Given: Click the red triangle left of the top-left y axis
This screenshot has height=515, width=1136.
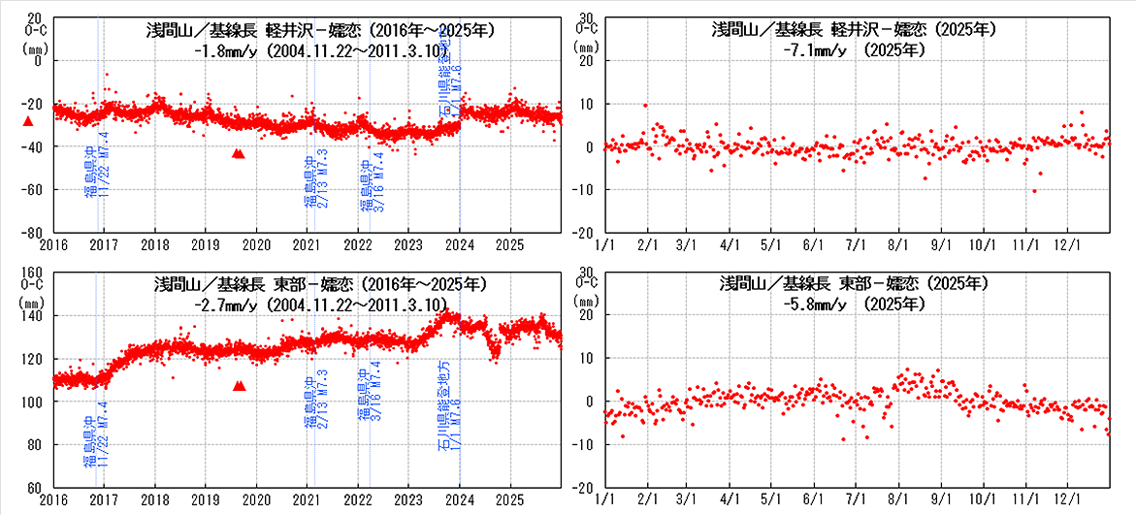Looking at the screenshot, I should (28, 121).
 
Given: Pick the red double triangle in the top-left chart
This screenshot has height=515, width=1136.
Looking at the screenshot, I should (239, 153).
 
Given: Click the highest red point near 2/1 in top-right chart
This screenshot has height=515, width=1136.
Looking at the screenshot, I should (645, 106).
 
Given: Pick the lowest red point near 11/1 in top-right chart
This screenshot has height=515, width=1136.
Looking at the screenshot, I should (1035, 191).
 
